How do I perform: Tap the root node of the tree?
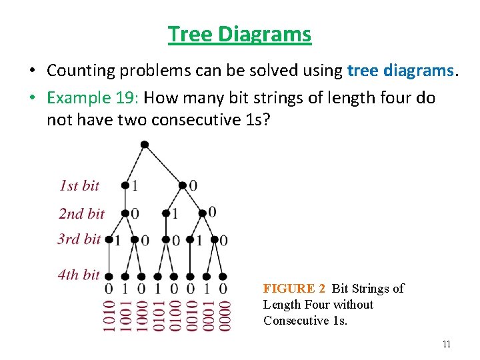pos(145,145)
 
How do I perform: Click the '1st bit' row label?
pos(79,185)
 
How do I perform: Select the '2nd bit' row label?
pos(81,213)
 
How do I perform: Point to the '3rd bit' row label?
pos(79,239)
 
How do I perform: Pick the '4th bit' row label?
pos(79,273)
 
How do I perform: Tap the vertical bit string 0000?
pos(225,315)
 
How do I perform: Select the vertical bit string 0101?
pos(159,315)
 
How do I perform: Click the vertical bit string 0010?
pos(191,315)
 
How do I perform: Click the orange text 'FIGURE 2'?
pos(294,289)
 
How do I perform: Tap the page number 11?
pos(447,344)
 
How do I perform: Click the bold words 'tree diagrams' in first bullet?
pos(401,70)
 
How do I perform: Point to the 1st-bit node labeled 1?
pos(125,185)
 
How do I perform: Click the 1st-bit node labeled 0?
pos(183,185)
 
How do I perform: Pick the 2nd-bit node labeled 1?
pos(166,214)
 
